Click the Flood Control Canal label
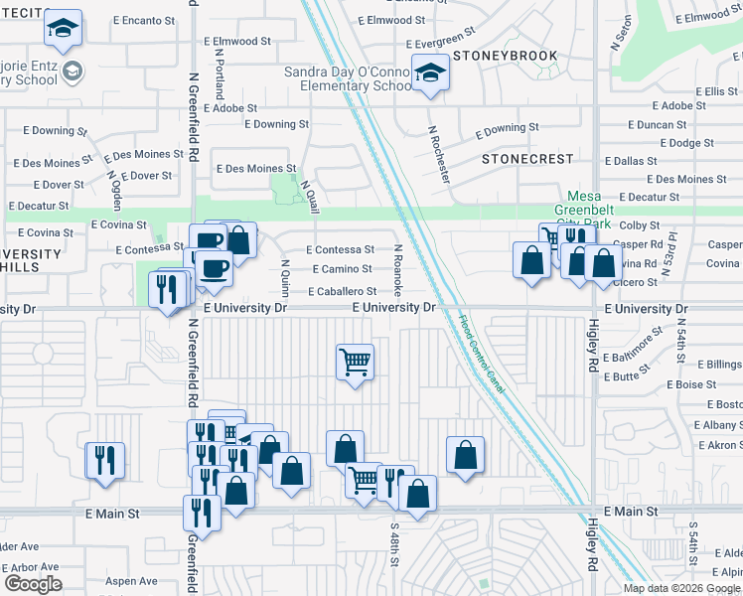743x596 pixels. tap(482, 354)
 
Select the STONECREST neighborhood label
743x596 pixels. tap(526, 159)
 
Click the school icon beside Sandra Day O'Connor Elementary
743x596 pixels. tap(430, 75)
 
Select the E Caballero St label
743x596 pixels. tap(342, 292)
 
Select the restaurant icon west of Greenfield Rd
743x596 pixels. tap(104, 461)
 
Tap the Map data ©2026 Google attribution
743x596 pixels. tap(681, 588)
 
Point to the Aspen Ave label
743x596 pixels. tap(132, 581)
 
